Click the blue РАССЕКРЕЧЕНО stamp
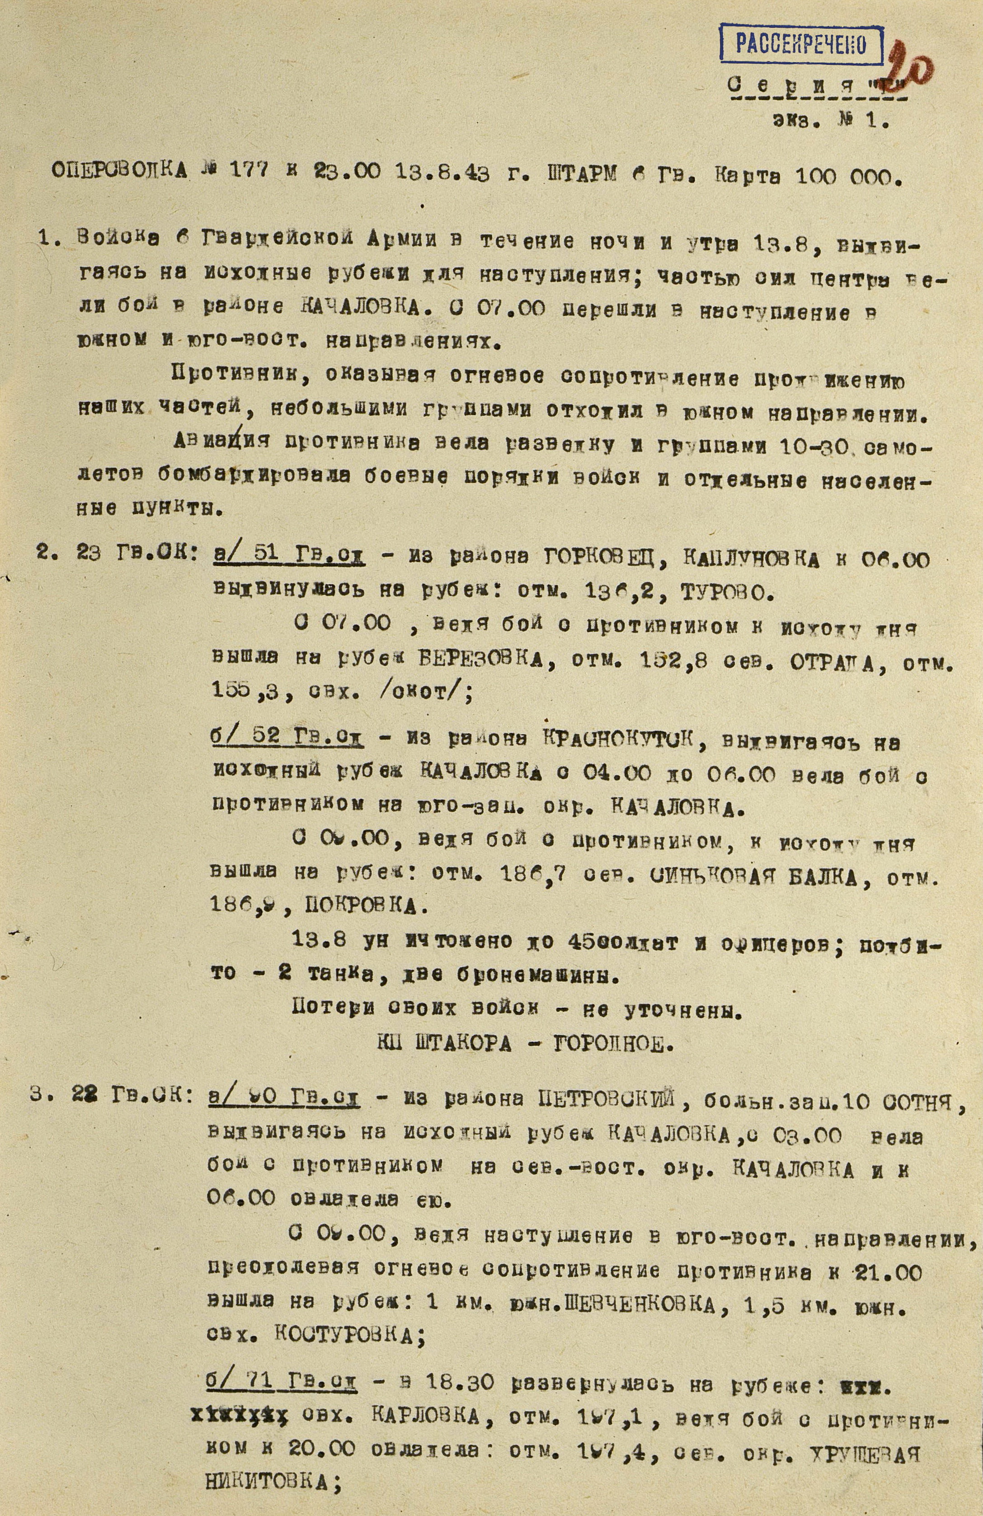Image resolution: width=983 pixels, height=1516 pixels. click(801, 45)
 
